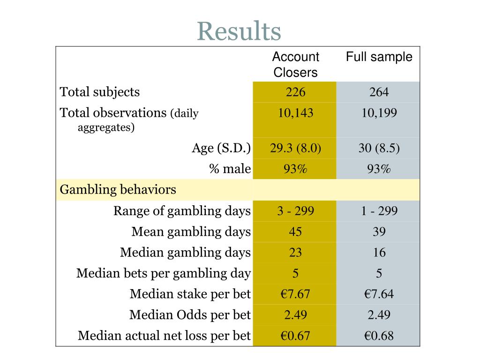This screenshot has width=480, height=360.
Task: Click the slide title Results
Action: pyautogui.click(x=239, y=31)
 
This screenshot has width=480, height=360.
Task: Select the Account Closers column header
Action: pyautogui.click(x=295, y=65)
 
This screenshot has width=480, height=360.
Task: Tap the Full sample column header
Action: pyautogui.click(x=379, y=57)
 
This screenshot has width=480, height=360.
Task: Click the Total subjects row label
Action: pyautogui.click(x=100, y=92)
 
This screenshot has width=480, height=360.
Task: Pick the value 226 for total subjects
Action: pyautogui.click(x=295, y=92)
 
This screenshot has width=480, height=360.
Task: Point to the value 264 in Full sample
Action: pyautogui.click(x=379, y=92)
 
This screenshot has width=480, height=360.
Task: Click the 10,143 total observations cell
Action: pyautogui.click(x=295, y=113)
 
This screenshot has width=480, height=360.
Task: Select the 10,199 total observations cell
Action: pyautogui.click(x=379, y=113)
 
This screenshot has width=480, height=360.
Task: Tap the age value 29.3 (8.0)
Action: pyautogui.click(x=295, y=149)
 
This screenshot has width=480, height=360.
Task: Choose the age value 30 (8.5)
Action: pyautogui.click(x=379, y=149)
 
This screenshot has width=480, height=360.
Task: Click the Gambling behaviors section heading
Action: pyautogui.click(x=118, y=190)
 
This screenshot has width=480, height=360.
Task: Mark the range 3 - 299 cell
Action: pyautogui.click(x=295, y=211)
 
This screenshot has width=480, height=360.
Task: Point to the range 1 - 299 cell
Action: pyautogui.click(x=379, y=211)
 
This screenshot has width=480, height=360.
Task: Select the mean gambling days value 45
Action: pyautogui.click(x=295, y=232)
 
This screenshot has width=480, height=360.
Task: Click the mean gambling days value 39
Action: pyautogui.click(x=379, y=232)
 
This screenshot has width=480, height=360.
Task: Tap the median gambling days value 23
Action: pyautogui.click(x=295, y=253)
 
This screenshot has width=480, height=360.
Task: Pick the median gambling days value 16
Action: pyautogui.click(x=379, y=253)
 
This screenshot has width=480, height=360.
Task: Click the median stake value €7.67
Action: pyautogui.click(x=295, y=294)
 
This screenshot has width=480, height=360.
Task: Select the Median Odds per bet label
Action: pyautogui.click(x=190, y=315)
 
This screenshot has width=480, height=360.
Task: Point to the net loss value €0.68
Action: pyautogui.click(x=379, y=336)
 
